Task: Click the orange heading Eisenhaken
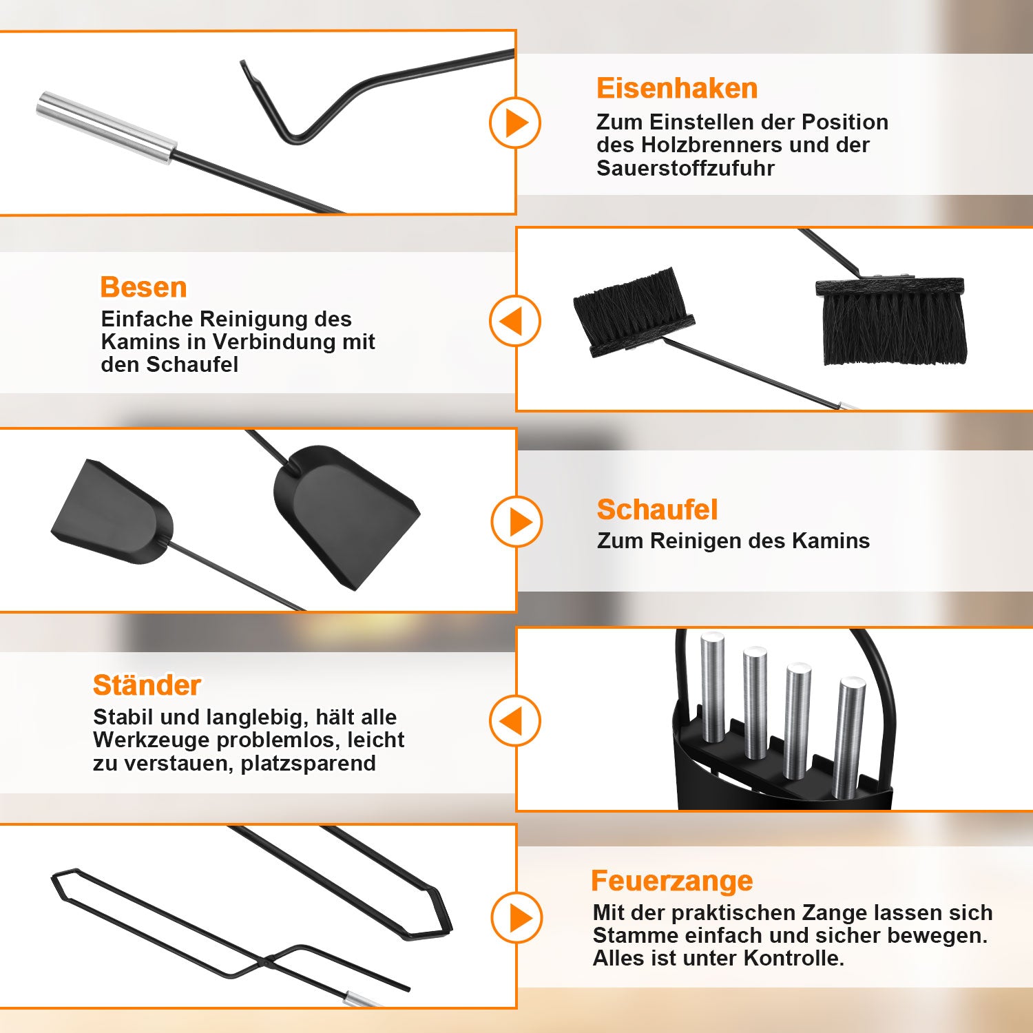coord(677,88)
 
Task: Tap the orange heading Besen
coord(143,287)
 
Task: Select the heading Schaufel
coord(657,510)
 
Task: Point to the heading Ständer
coord(147,685)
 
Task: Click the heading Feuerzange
coord(672,881)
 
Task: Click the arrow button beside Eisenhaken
coord(515,123)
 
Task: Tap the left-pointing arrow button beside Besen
coord(515,321)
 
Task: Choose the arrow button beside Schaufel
coord(516,521)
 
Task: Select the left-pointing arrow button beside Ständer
coord(515,721)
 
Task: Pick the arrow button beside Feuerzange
coord(516,917)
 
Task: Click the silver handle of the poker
coord(107,127)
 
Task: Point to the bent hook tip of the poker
coord(243,65)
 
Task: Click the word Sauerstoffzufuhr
coord(685,168)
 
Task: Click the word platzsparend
coord(308,764)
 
